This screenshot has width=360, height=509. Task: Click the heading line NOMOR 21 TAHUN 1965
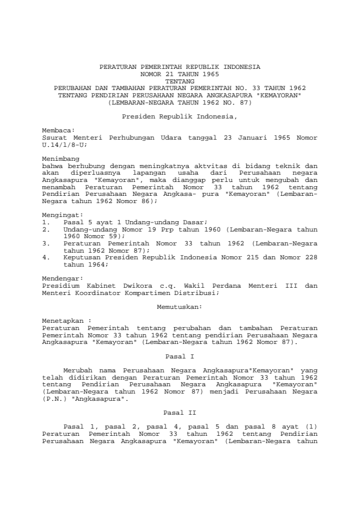click(180, 72)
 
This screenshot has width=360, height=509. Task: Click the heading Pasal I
click(180, 356)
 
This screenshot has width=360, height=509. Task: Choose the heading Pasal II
click(180, 412)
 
